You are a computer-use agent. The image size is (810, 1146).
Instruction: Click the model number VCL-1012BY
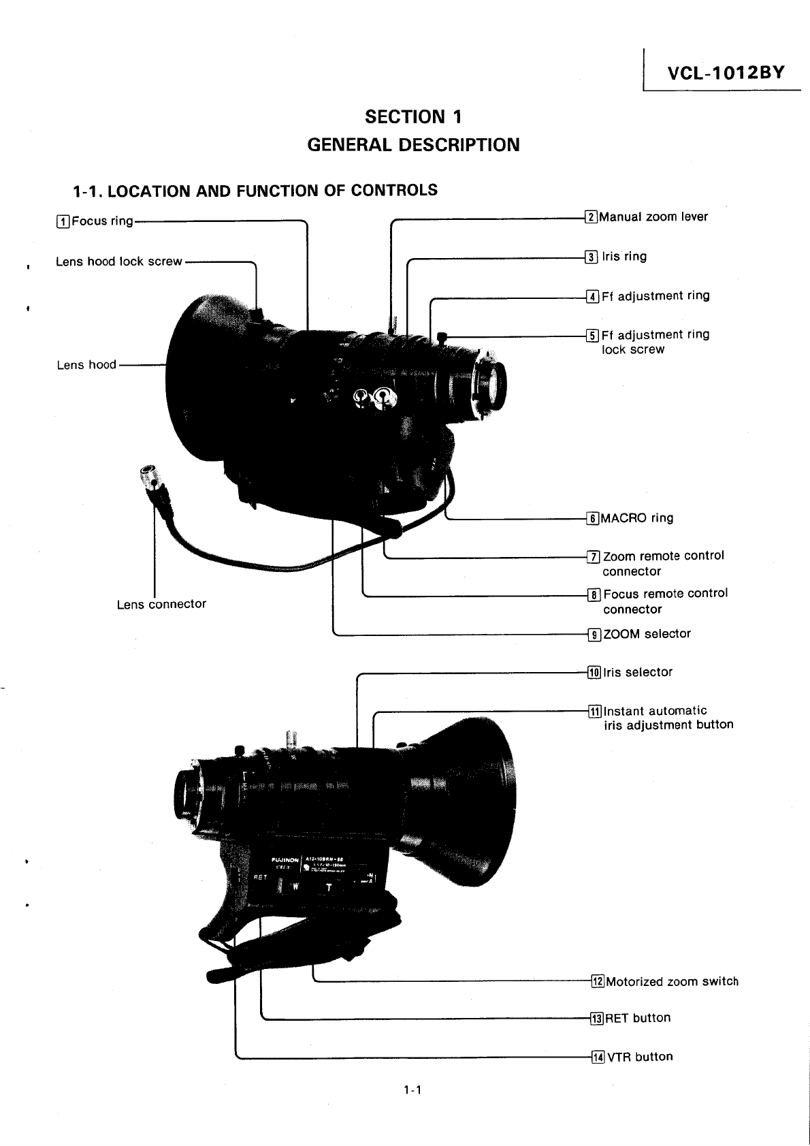pyautogui.click(x=726, y=72)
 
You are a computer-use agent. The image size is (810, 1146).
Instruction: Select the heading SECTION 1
pyautogui.click(x=413, y=117)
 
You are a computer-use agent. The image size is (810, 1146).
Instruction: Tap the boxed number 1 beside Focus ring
pyautogui.click(x=63, y=221)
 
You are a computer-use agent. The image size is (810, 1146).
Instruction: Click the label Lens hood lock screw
pyautogui.click(x=119, y=261)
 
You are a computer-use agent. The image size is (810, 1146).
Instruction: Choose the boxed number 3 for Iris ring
pyautogui.click(x=592, y=257)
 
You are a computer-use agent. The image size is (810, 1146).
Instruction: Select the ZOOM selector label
pyautogui.click(x=647, y=634)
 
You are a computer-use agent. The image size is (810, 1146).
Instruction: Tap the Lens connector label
pyautogui.click(x=161, y=604)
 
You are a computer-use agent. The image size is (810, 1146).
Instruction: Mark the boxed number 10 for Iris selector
pyautogui.click(x=594, y=673)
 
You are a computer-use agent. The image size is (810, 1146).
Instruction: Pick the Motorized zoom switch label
pyautogui.click(x=672, y=982)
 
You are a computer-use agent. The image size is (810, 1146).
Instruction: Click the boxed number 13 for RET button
pyautogui.click(x=597, y=1019)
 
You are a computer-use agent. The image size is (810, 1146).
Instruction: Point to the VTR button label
pyautogui.click(x=640, y=1057)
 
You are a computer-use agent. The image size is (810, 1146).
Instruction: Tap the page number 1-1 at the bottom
pyautogui.click(x=412, y=1090)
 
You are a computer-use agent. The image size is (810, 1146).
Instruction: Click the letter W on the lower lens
pyautogui.click(x=295, y=887)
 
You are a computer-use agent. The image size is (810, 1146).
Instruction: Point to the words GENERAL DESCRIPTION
pyautogui.click(x=413, y=145)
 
